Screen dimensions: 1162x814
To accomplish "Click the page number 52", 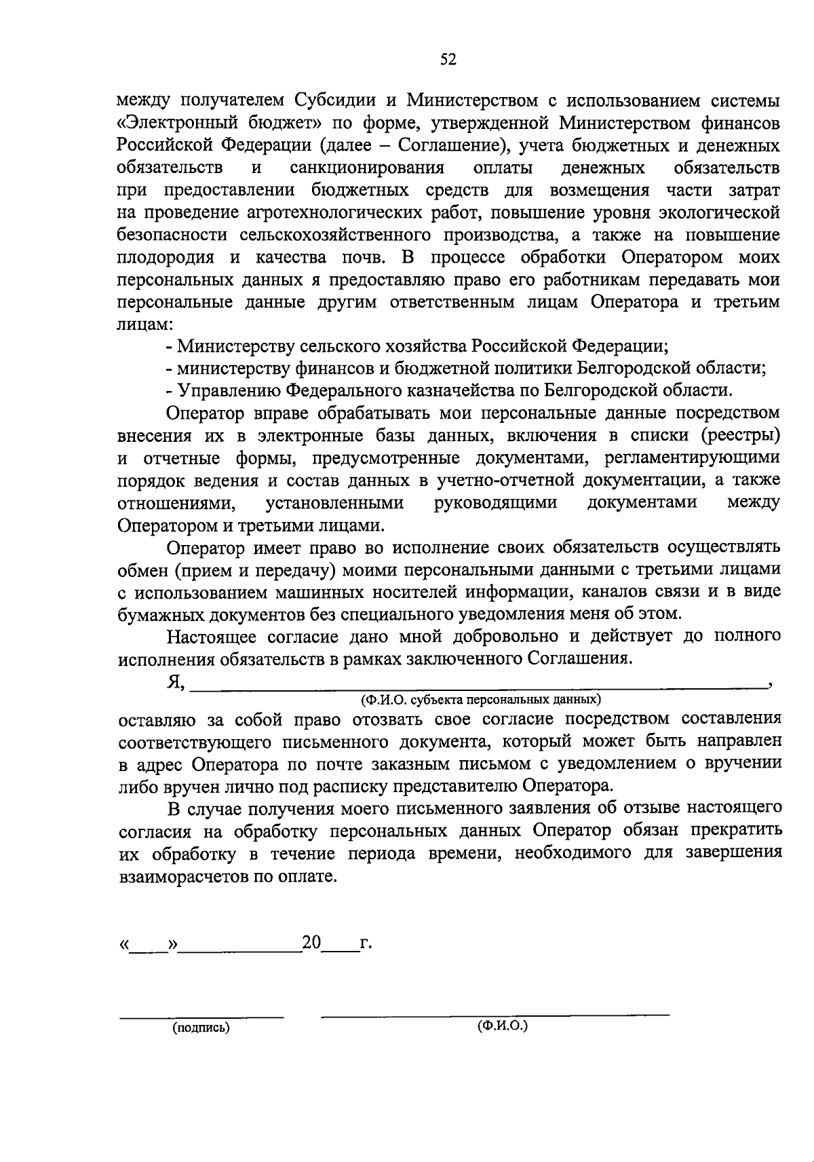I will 448,60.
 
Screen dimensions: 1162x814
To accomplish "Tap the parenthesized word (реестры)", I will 741,435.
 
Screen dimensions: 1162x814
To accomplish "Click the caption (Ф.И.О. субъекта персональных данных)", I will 481,698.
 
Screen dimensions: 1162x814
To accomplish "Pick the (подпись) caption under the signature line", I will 201,1028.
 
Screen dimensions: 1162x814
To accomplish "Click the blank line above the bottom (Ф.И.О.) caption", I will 495,1015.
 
